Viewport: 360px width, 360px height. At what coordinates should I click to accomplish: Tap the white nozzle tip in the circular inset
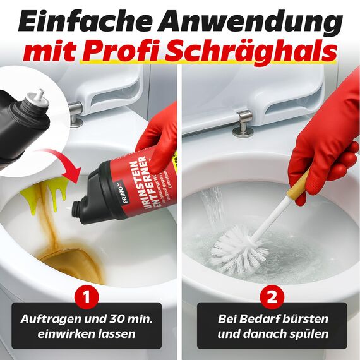point(39,94)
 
